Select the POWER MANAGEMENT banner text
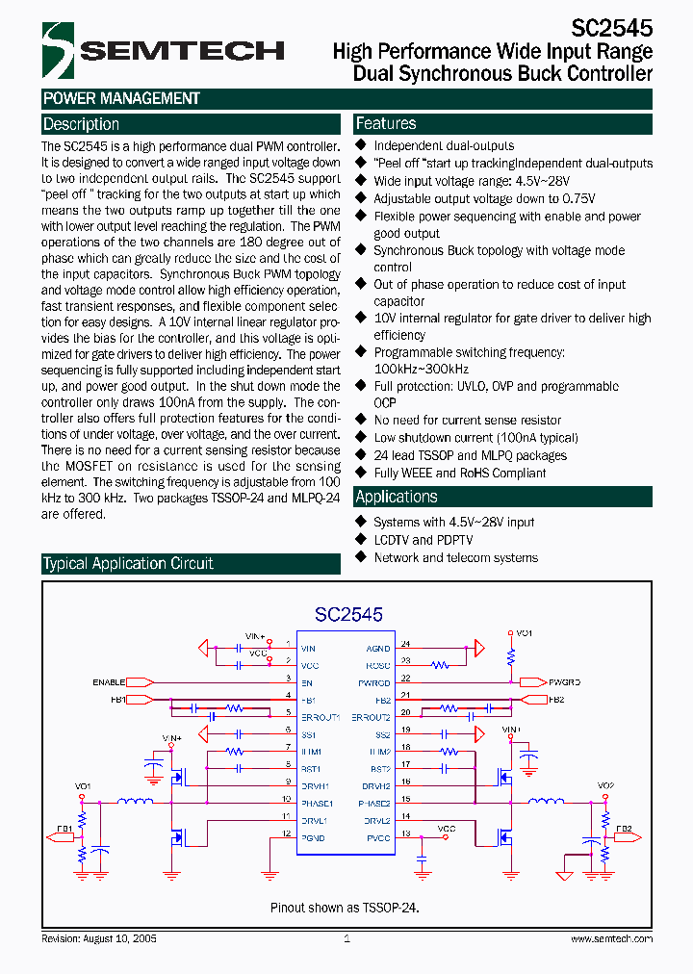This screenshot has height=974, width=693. click(x=121, y=98)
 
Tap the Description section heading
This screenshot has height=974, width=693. click(x=82, y=124)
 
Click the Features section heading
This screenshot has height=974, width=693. click(x=386, y=123)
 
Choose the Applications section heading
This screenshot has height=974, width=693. click(x=397, y=497)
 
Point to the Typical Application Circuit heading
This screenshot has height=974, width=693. click(x=128, y=563)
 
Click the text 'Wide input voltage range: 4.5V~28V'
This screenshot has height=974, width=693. click(x=472, y=181)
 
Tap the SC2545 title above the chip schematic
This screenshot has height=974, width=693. click(x=348, y=614)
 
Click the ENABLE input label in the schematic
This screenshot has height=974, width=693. click(x=109, y=681)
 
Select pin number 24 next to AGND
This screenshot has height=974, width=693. click(x=405, y=643)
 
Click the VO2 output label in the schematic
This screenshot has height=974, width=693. click(x=604, y=785)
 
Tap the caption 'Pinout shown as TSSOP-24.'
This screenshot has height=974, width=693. click(x=345, y=907)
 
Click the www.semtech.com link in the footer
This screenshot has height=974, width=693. click(x=609, y=938)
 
